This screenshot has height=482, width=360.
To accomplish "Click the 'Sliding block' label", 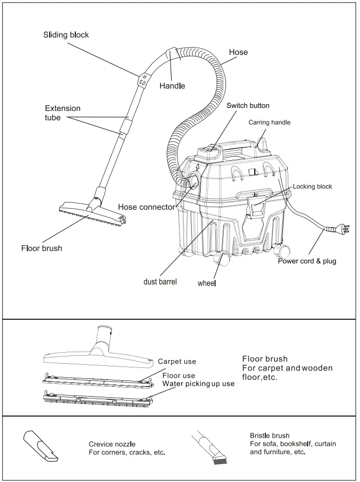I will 66,35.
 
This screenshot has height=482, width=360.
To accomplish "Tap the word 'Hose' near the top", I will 238,52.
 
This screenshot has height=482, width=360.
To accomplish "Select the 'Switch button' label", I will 248,106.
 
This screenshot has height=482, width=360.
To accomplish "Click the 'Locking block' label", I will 312,186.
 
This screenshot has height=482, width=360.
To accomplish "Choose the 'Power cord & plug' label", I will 307,261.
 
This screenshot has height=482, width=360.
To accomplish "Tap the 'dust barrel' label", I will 160,282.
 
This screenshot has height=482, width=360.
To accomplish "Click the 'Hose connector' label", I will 146,207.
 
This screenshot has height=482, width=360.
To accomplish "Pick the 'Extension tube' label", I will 62,113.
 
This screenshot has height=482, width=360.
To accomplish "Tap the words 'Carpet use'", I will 177,362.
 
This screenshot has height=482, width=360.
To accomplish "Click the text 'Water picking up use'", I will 198,384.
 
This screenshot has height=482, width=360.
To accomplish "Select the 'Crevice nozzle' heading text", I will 113,444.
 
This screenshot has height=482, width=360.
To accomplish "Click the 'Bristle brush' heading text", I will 269,435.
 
